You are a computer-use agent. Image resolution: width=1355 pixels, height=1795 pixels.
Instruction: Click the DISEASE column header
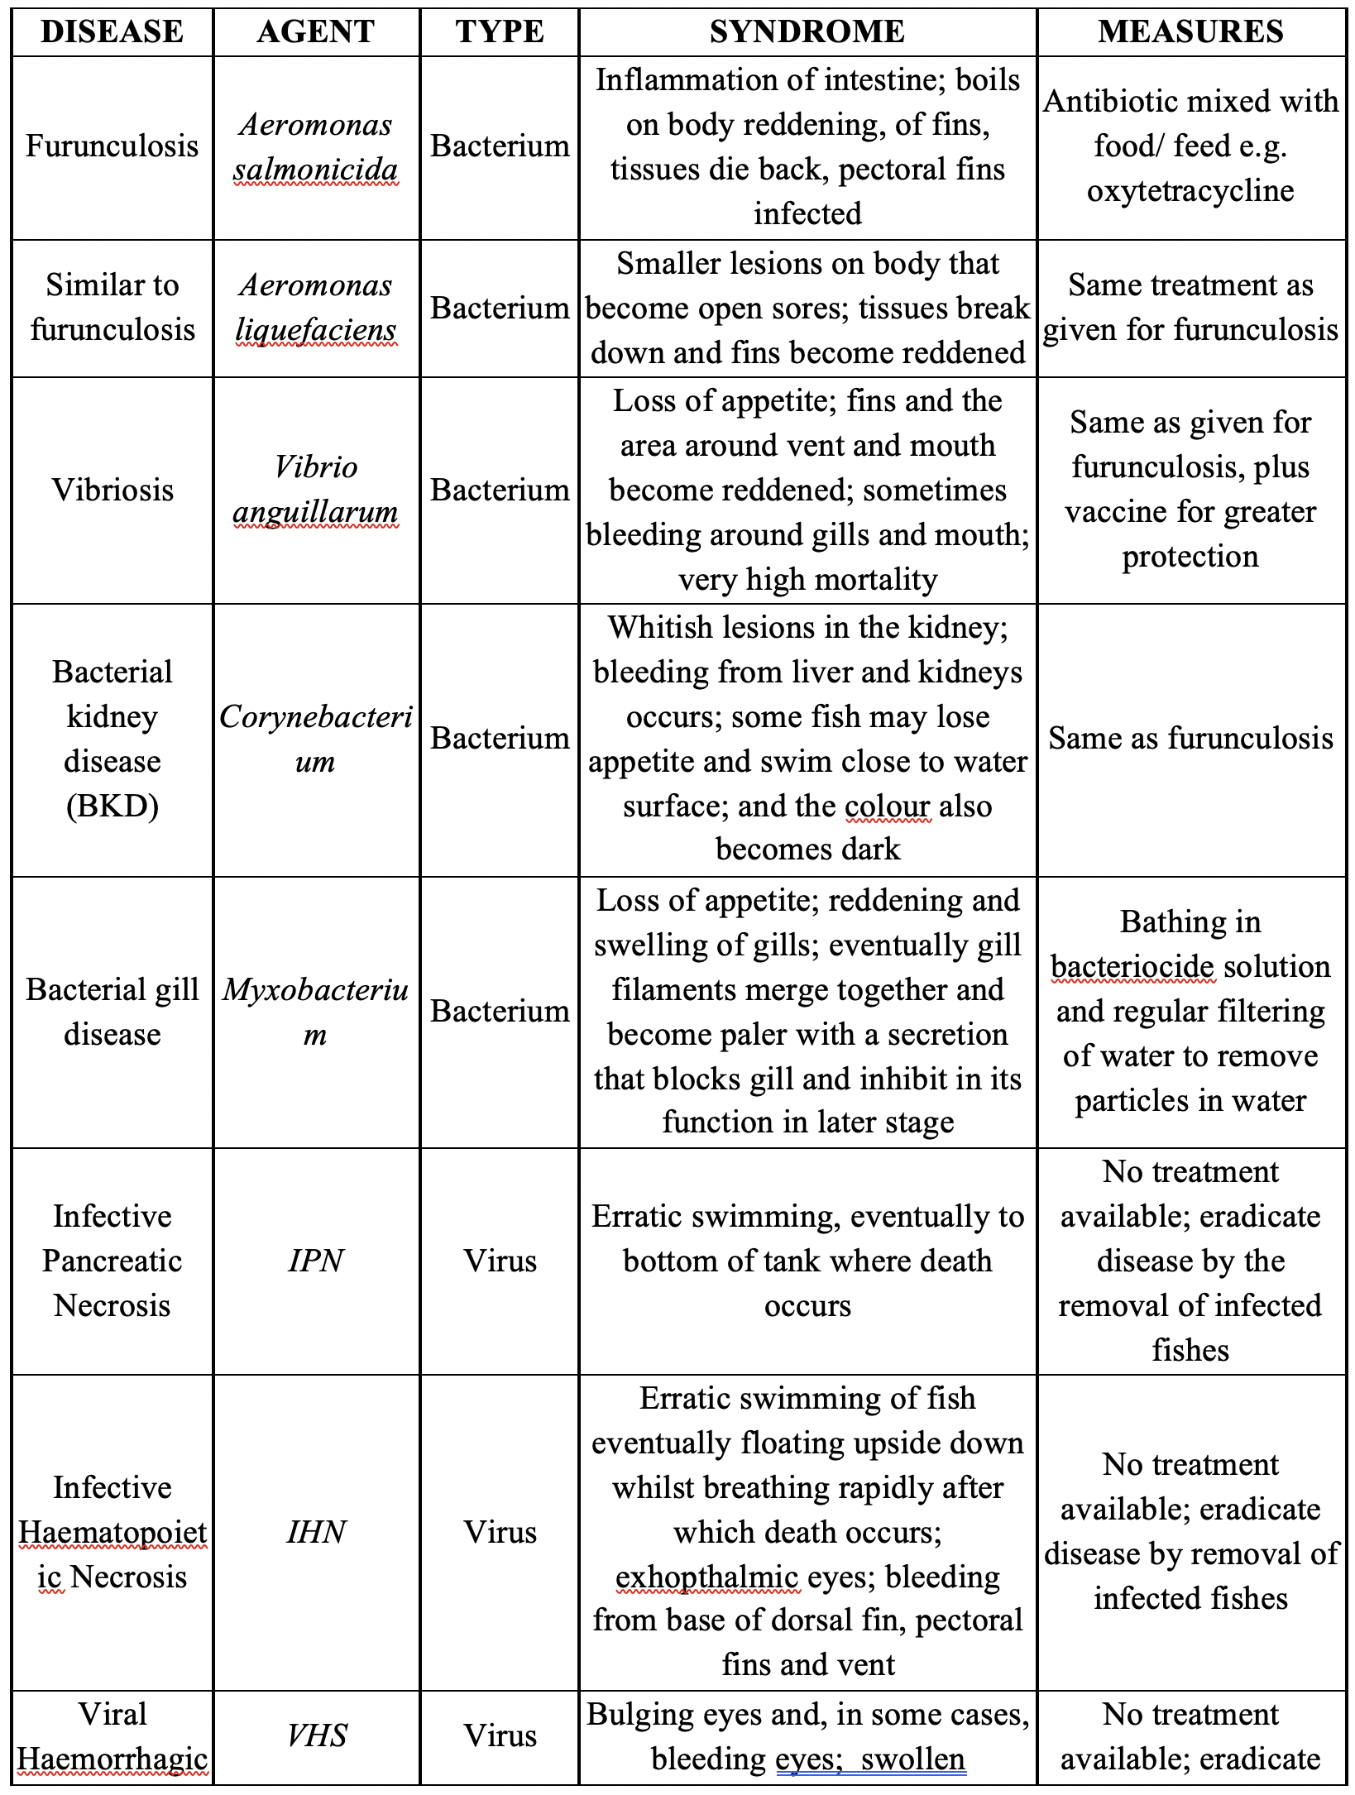coord(112,32)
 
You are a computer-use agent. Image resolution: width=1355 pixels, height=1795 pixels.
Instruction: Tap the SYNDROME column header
coord(807,32)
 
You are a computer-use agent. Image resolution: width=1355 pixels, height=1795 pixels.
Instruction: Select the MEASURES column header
coord(1190,32)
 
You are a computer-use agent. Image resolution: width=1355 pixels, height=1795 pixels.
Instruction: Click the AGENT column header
coord(316,32)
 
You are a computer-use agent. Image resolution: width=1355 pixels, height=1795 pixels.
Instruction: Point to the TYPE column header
coord(500,32)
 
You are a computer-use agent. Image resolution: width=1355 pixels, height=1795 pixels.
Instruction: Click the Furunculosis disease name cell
coord(112,146)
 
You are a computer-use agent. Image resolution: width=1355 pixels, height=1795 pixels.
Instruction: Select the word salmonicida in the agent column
coord(316,170)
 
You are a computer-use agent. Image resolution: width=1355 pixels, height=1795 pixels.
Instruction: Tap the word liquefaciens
coord(316,330)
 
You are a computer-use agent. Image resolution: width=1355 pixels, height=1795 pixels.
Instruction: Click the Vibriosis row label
coord(112,491)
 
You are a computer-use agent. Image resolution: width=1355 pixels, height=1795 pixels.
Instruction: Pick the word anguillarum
coord(316,513)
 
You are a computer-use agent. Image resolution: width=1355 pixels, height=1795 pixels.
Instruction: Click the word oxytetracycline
coord(1190,191)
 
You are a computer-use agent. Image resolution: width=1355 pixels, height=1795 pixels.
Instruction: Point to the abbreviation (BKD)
coord(112,806)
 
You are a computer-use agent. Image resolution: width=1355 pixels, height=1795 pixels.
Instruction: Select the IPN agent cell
coord(316,1261)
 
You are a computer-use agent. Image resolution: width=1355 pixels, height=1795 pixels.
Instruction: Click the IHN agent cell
coord(316,1532)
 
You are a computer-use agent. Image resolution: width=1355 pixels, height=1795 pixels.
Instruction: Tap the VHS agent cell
coord(316,1735)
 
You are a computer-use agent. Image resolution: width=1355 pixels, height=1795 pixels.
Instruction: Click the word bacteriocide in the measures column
coord(1132,967)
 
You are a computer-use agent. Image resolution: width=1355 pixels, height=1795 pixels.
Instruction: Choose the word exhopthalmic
coord(707,1577)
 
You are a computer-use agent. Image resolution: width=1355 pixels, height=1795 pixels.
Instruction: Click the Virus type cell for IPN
coord(500,1261)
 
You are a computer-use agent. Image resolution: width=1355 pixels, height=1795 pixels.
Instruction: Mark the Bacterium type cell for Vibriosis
coord(500,491)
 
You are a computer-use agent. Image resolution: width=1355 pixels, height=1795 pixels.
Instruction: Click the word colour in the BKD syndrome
coord(888,806)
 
